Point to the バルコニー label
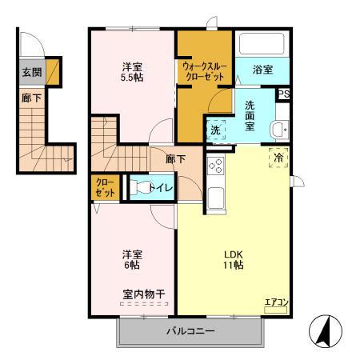pos(190,331)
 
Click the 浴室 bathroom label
pos(262,70)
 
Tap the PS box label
pos(283,94)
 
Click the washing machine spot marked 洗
pos(216,130)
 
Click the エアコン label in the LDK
pos(276,302)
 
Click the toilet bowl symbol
pos(142,187)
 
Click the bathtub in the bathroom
pos(262,43)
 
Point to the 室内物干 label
pos(144,294)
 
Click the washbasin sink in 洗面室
pos(279,129)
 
